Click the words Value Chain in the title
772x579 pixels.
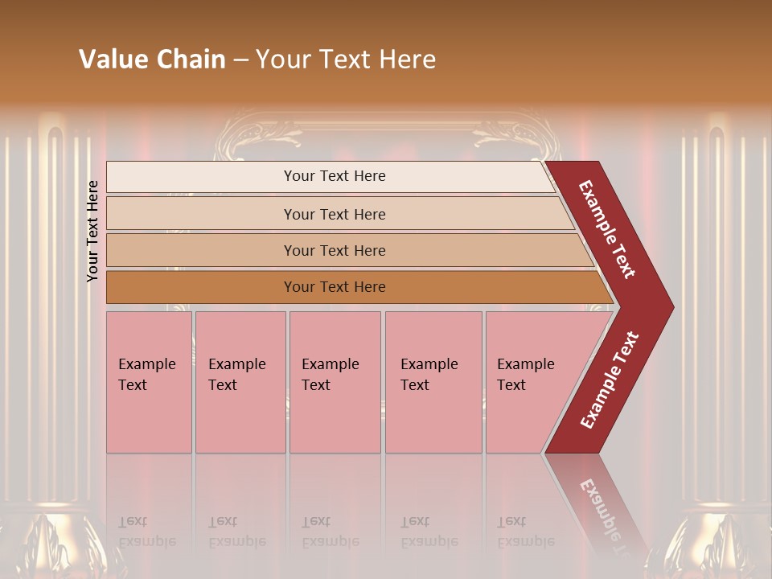pyautogui.click(x=152, y=60)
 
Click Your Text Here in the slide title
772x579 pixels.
pyautogui.click(x=346, y=60)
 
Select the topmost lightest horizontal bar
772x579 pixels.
pyautogui.click(x=201, y=177)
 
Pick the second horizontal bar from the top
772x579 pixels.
pyautogui.click(x=201, y=214)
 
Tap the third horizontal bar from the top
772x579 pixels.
pyautogui.click(x=201, y=250)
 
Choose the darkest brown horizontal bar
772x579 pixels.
pyautogui.click(x=201, y=287)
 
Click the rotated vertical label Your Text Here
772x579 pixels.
pyautogui.click(x=93, y=231)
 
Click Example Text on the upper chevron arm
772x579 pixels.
pyautogui.click(x=607, y=229)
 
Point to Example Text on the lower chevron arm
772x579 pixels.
pyautogui.click(x=610, y=380)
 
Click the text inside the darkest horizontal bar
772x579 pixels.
pyautogui.click(x=335, y=287)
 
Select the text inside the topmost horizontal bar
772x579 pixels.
pyautogui.click(x=335, y=176)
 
